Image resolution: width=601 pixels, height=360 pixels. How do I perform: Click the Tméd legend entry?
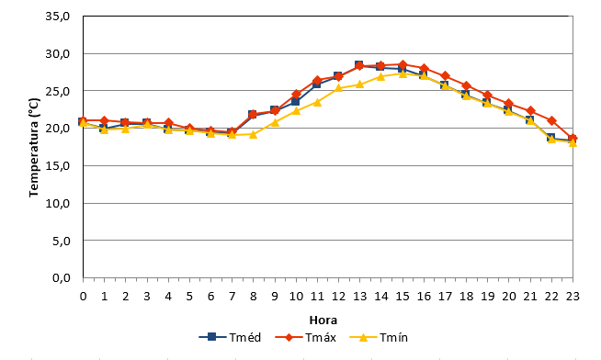230,337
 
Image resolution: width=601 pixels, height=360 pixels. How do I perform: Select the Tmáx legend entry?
306,337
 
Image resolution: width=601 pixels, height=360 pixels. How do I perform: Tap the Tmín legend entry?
379,337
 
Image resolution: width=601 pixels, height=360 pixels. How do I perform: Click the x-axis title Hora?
323,321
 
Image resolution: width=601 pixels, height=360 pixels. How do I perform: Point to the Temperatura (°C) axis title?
34,148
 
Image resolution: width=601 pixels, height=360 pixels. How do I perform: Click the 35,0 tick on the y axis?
58,17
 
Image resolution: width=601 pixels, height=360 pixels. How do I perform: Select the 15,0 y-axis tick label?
58,166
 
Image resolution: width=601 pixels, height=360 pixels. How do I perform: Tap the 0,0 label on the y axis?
62,278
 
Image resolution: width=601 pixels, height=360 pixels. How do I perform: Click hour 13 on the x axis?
359,296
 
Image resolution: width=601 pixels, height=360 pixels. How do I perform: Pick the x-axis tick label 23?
573,296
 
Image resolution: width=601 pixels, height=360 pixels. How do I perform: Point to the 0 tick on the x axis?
84,296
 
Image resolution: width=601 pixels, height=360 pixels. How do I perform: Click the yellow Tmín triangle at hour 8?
254,134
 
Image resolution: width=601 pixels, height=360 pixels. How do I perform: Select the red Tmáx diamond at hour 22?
551,120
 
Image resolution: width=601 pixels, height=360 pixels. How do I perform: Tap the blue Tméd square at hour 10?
296,102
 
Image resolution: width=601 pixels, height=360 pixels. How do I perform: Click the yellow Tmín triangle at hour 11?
317,102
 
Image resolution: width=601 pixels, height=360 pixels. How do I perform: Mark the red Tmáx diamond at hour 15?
403,64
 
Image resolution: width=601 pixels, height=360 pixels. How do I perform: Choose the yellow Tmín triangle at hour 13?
359,84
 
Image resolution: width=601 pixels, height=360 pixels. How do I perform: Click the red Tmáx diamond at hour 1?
104,120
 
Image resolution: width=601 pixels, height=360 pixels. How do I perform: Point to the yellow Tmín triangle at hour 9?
275,122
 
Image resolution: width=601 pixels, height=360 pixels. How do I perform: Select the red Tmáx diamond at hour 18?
466,85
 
